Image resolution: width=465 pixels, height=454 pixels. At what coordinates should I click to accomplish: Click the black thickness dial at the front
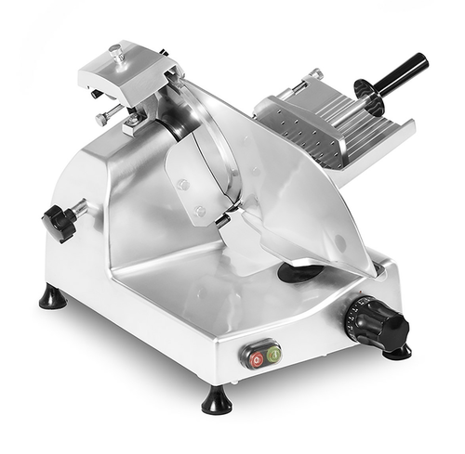380,322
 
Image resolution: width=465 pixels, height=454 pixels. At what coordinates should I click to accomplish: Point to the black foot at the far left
51,297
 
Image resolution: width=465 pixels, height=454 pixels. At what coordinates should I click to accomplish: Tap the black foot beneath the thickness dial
398,351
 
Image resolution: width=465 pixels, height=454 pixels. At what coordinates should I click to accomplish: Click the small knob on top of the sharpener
115,52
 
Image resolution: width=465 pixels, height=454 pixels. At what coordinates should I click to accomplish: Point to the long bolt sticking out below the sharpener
108,116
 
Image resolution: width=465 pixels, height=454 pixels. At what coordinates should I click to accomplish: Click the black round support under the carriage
299,272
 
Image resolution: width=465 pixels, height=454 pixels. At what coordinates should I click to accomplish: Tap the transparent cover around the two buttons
261,355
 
